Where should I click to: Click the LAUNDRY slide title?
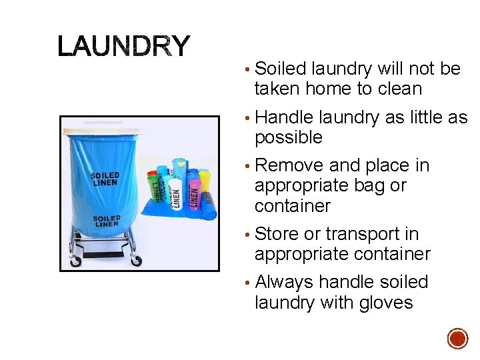pyautogui.click(x=124, y=46)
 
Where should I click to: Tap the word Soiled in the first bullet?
pyautogui.click(x=280, y=69)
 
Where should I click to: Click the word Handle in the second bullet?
pyautogui.click(x=284, y=117)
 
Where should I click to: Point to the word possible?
pyautogui.click(x=288, y=138)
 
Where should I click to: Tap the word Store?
pyautogui.click(x=277, y=234)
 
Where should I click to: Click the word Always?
pyautogui.click(x=285, y=282)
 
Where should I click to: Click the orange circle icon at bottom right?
pyautogui.click(x=457, y=339)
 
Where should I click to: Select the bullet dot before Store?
pyautogui.click(x=248, y=235)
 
